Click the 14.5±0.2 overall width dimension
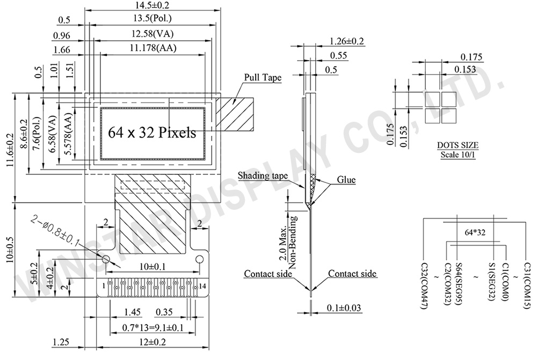click(152, 5)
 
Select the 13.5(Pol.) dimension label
click(153, 18)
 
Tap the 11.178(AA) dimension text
click(153, 48)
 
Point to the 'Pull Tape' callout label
click(263, 77)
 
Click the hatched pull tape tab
click(235, 114)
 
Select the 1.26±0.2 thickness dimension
click(346, 41)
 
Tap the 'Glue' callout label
click(346, 180)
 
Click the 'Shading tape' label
click(263, 176)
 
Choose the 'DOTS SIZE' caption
click(458, 145)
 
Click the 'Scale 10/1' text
click(458, 155)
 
